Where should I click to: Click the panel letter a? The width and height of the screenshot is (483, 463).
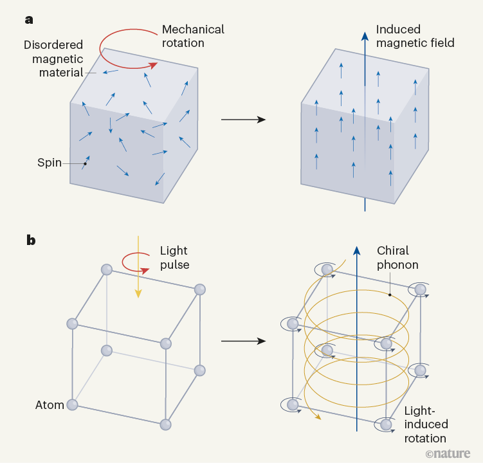[x=29, y=19]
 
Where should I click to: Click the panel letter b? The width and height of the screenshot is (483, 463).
[x=30, y=241]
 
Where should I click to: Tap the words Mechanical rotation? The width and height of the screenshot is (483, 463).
[x=193, y=37]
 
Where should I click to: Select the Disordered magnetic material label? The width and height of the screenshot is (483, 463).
[x=53, y=59]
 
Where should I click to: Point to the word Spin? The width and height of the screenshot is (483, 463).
[x=50, y=163]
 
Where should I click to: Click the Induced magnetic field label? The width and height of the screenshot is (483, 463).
[x=415, y=37]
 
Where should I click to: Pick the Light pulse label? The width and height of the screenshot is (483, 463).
[x=174, y=257]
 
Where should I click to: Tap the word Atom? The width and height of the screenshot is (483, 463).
[x=50, y=405]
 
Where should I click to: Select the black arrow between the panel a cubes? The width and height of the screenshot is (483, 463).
[x=243, y=120]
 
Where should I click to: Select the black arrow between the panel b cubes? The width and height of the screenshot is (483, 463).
[x=243, y=341]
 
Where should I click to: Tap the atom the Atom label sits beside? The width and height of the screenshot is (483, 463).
[x=73, y=404]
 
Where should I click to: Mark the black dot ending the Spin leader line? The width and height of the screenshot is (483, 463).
[x=85, y=163]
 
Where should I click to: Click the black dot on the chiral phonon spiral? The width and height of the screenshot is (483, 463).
[x=390, y=295]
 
